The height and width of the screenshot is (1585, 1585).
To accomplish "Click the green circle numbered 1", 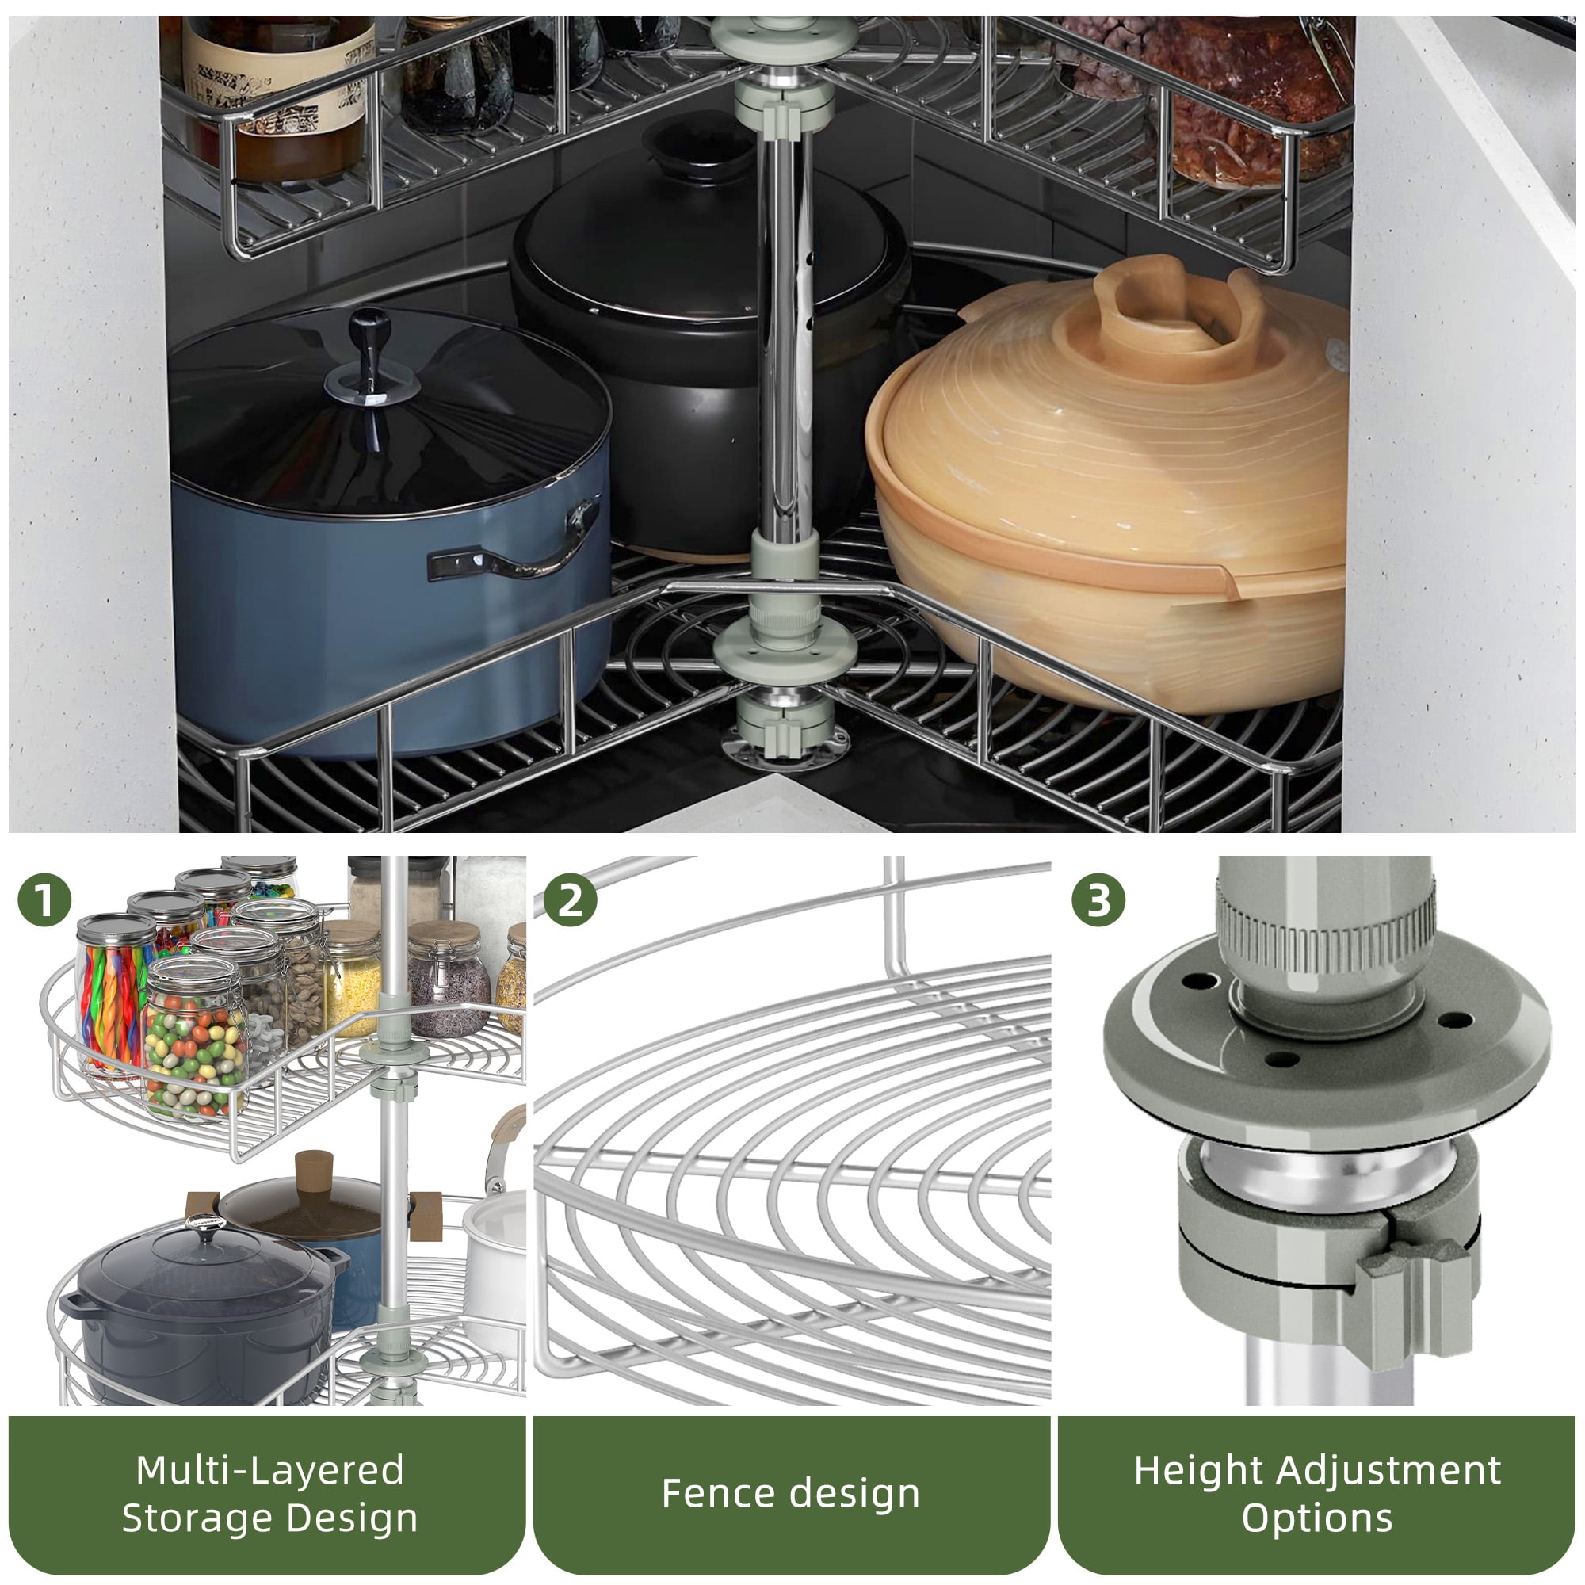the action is pos(44,900).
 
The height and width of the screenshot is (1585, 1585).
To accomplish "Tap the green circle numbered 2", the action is pos(570,900).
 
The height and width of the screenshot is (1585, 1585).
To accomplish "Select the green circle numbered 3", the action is pos(1098,900).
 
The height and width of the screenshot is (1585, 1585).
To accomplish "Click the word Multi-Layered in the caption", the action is pos(270,1469).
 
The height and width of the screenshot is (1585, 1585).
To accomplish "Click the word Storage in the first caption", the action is pos(190,1518).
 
